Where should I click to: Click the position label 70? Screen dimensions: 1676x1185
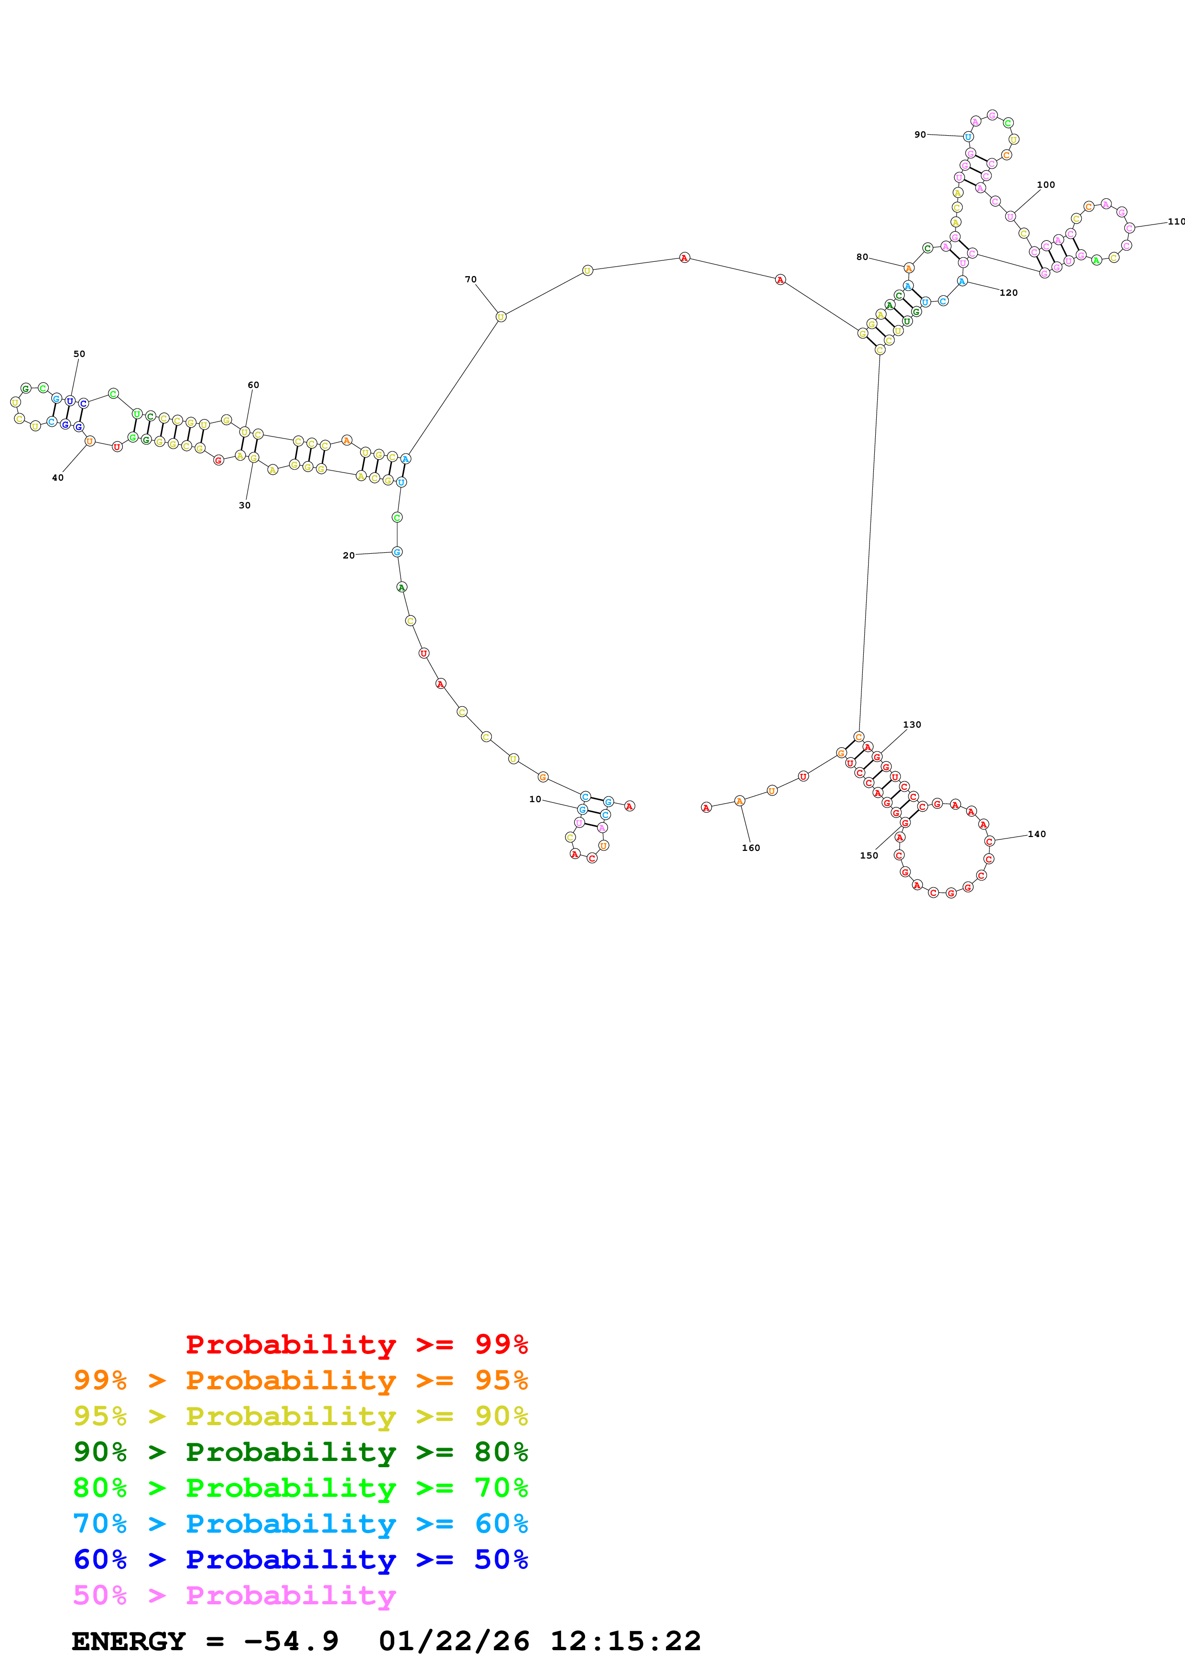[x=470, y=279]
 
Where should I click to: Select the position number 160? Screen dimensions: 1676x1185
[x=750, y=848]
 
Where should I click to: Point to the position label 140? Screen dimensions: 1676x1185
[x=1037, y=834]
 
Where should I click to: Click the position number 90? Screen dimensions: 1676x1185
[x=920, y=134]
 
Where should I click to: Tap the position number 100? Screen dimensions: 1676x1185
[x=1045, y=185]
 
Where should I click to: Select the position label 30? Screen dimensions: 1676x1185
[x=245, y=505]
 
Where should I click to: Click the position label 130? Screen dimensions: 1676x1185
[x=912, y=725]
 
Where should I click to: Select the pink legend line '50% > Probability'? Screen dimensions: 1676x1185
[x=234, y=1595]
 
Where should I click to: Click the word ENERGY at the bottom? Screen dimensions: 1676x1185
[x=129, y=1641]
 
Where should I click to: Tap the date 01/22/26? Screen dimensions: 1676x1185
[x=454, y=1641]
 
